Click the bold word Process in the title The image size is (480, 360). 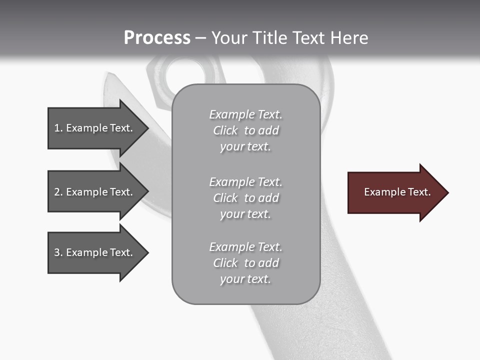[x=157, y=38]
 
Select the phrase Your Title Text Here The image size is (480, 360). [x=289, y=38]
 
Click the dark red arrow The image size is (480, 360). [x=395, y=192]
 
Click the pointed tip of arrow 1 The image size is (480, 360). [x=147, y=128]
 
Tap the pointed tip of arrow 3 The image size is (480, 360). [x=147, y=252]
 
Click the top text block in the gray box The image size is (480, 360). [x=246, y=130]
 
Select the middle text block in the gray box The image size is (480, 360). [x=246, y=198]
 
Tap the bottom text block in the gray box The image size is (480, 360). [x=246, y=263]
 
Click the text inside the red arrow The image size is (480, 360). [x=397, y=192]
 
